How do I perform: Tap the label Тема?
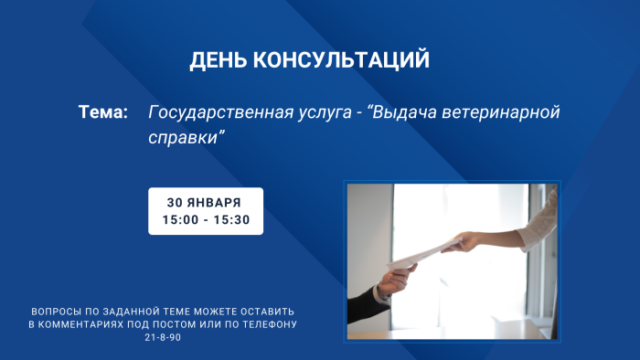(102, 112)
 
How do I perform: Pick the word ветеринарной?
(508, 112)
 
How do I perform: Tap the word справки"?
(186, 137)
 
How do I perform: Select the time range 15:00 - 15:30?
(206, 220)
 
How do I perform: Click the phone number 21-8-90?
(163, 338)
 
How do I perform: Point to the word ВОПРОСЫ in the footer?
(56, 310)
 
